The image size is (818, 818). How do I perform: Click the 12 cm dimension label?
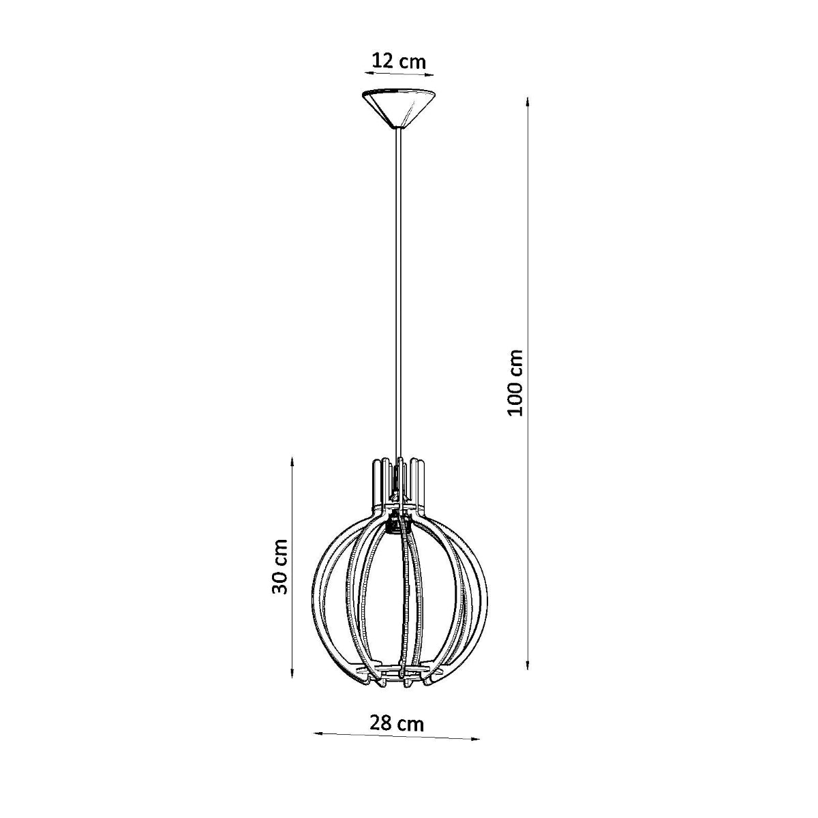tap(398, 61)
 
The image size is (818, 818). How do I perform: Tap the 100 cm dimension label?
tap(515, 382)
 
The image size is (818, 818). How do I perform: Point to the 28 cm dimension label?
tap(396, 723)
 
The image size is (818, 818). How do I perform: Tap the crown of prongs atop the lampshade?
tap(398, 477)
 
